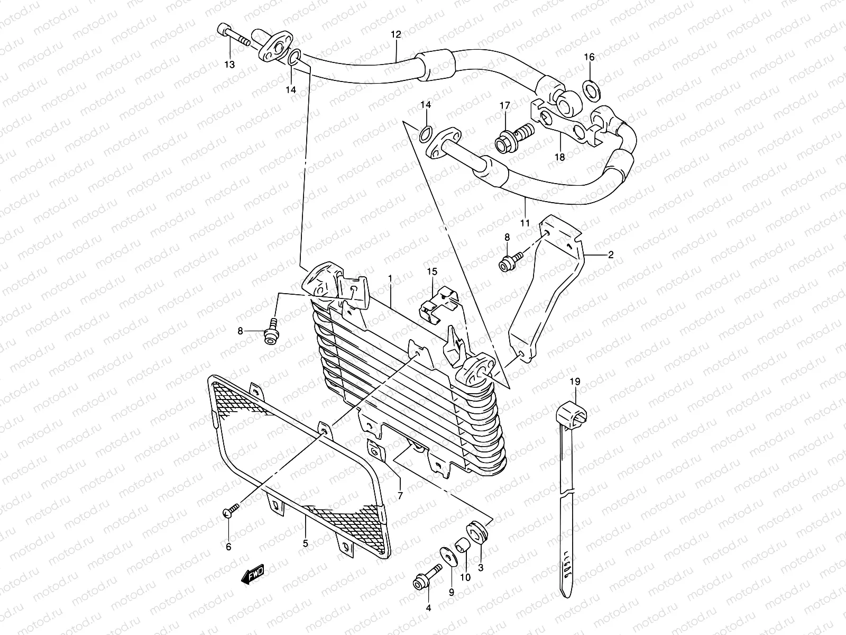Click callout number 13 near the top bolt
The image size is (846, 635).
point(229,65)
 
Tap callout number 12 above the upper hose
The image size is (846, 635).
point(396,34)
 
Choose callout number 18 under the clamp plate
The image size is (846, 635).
point(559,157)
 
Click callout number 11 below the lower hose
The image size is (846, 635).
point(525,223)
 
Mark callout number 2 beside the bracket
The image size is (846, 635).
point(610,255)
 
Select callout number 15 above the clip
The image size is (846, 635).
point(433,271)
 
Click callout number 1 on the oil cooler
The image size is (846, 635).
point(389,278)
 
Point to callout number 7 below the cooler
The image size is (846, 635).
point(400,496)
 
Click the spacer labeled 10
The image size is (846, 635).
point(463,545)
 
